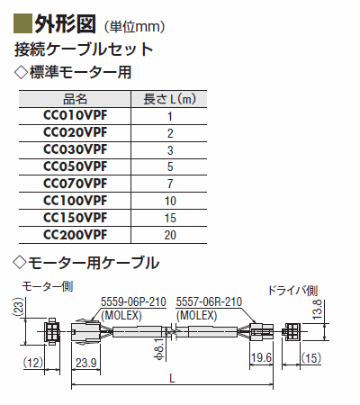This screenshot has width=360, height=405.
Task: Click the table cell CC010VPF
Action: pos(75,115)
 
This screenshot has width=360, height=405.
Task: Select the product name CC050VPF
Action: pos(75,166)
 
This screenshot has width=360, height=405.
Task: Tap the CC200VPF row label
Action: pos(75,235)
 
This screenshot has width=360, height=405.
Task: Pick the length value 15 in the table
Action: pos(170,218)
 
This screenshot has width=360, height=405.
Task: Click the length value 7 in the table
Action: pos(170,184)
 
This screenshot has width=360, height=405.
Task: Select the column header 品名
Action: pos(75,99)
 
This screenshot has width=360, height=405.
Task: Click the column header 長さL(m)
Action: pos(169,99)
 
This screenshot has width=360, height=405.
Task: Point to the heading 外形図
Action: pos(66,23)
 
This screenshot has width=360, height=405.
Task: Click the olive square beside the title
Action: pos(22,23)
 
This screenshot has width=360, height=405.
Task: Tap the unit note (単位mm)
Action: pos(134,27)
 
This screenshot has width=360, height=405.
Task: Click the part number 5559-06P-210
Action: pos(133,301)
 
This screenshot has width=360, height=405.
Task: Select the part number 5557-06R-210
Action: pos(209,301)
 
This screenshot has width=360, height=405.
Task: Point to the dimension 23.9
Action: pos(85,363)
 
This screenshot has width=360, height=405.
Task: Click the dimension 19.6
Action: pos(262,357)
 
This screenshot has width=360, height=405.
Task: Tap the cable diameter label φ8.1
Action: pos(160,348)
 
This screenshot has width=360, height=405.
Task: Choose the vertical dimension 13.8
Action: pos(317,310)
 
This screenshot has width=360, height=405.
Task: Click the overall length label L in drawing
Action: pos(172,379)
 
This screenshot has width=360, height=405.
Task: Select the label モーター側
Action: pos(48,287)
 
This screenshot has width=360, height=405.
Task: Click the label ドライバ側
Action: pos(292,291)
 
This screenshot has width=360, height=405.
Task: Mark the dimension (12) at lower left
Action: pos(33,363)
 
